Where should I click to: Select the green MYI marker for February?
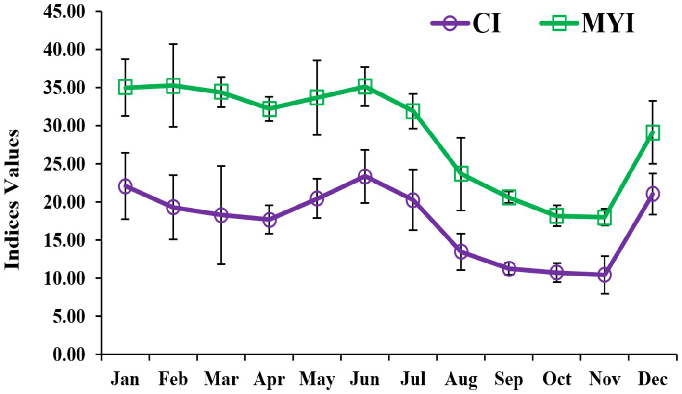(x=173, y=86)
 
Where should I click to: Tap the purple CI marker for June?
(x=365, y=177)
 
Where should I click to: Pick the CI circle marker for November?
(x=605, y=275)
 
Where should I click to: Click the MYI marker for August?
(x=461, y=173)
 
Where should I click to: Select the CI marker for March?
(x=221, y=215)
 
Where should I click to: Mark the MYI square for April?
(x=269, y=110)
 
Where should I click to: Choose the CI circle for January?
(x=125, y=186)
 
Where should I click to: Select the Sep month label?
(x=509, y=380)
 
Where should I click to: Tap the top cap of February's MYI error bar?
(x=173, y=44)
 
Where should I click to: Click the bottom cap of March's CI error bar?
(x=221, y=264)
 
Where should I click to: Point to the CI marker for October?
(x=557, y=273)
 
